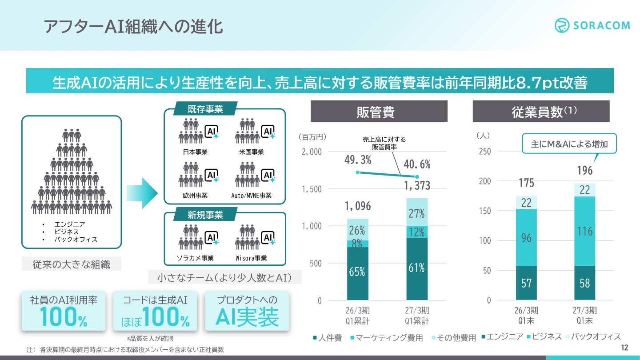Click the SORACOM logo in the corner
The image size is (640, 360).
tap(592, 25)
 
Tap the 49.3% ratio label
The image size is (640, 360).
tap(358, 160)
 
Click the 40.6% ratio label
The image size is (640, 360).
tap(417, 164)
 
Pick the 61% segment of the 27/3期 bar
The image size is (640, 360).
tap(417, 269)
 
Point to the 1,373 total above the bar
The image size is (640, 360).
tap(417, 186)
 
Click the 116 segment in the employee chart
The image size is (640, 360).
tap(584, 231)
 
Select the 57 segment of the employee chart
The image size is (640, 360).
tap(526, 283)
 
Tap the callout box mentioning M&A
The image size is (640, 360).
tap(569, 144)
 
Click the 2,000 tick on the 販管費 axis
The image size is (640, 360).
tap(312, 152)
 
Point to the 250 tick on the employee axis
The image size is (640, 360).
tap(485, 151)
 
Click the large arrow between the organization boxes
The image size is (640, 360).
tap(142, 193)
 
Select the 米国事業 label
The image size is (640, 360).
tap(252, 152)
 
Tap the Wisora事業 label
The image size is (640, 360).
tap(251, 258)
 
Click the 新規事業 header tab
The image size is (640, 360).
tap(205, 215)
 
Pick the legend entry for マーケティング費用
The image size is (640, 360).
tap(387, 338)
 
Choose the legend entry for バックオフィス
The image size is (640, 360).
tap(593, 336)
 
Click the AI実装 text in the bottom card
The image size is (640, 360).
tap(247, 317)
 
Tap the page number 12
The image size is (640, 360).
tap(624, 348)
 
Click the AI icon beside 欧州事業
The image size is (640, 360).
tap(212, 176)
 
